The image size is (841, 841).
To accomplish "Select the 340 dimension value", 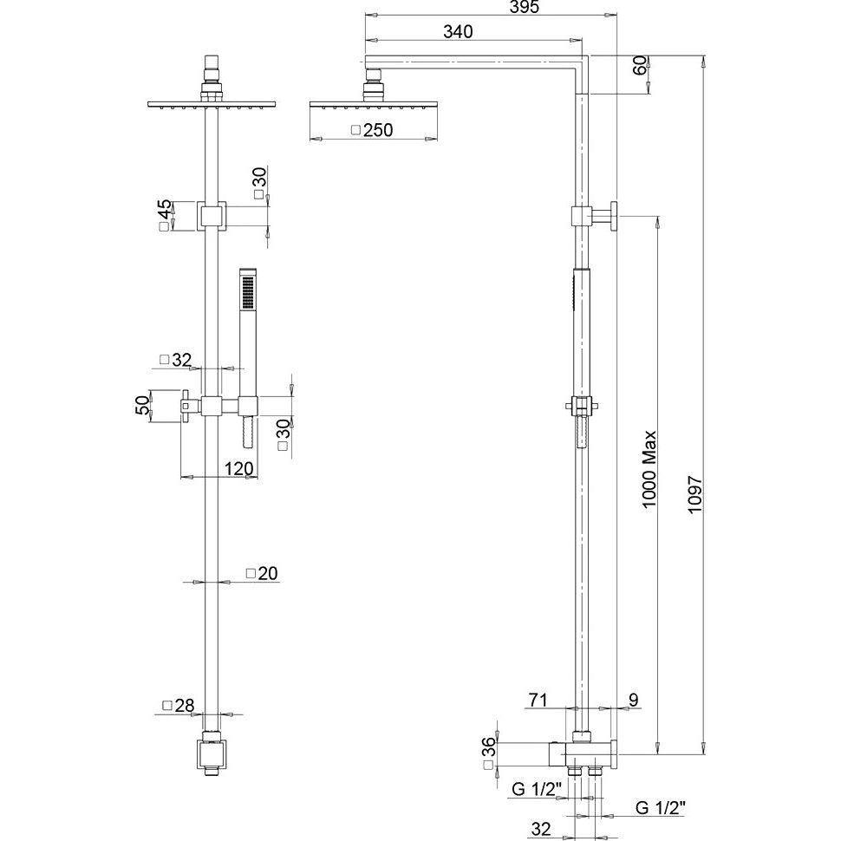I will tap(457, 32).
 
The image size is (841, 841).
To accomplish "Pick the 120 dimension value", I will tap(238, 469).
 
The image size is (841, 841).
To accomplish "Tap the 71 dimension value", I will tap(537, 699).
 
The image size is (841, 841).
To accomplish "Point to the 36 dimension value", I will tap(489, 746).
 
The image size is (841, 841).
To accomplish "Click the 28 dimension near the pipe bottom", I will tap(184, 706).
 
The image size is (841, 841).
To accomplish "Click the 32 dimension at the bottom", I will tap(540, 829).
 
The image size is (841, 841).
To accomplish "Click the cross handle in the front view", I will tap(190, 404).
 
